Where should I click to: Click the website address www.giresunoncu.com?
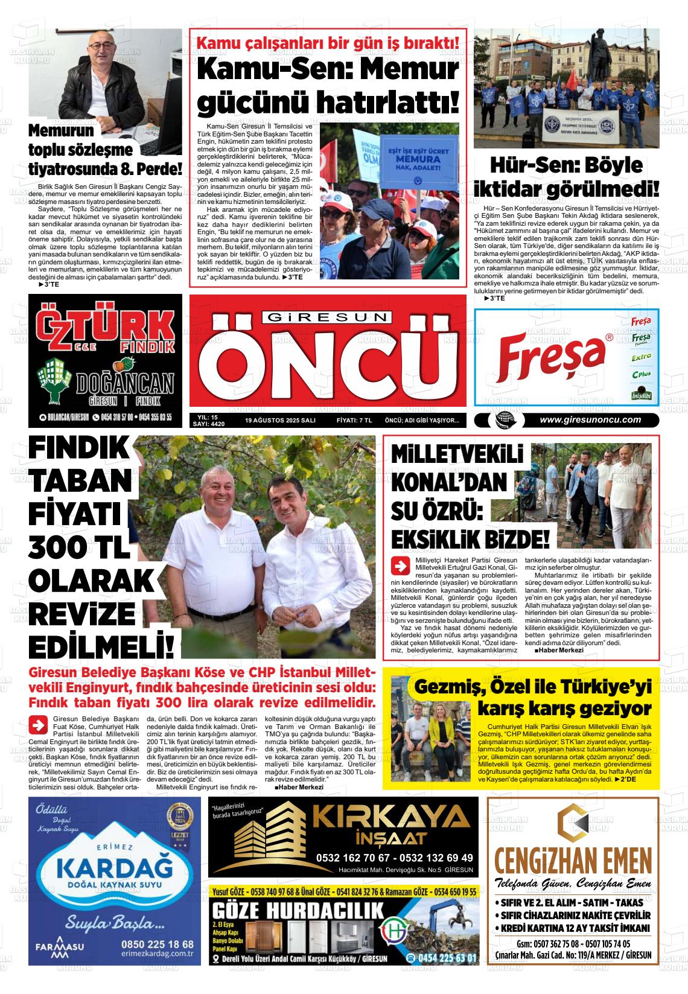coord(590,421)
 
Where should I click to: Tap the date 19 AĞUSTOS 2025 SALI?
coord(281,421)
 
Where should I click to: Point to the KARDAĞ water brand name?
coord(113,870)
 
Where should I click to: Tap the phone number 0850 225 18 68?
coord(157,944)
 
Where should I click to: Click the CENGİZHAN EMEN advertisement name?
coord(573,859)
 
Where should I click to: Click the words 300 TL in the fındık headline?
coord(79,547)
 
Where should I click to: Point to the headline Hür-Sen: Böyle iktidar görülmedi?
coord(566,177)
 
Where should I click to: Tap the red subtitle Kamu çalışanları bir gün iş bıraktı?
coord(328,43)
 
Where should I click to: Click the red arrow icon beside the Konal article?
coord(400,566)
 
